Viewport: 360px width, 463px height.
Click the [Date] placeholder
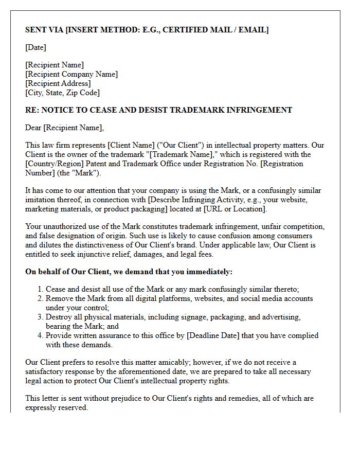click(35, 47)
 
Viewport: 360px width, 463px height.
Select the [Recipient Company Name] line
click(71, 74)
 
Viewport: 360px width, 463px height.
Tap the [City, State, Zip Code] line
click(62, 93)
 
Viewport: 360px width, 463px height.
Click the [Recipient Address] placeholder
click(58, 83)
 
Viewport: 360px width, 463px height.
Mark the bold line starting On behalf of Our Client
click(129, 272)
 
